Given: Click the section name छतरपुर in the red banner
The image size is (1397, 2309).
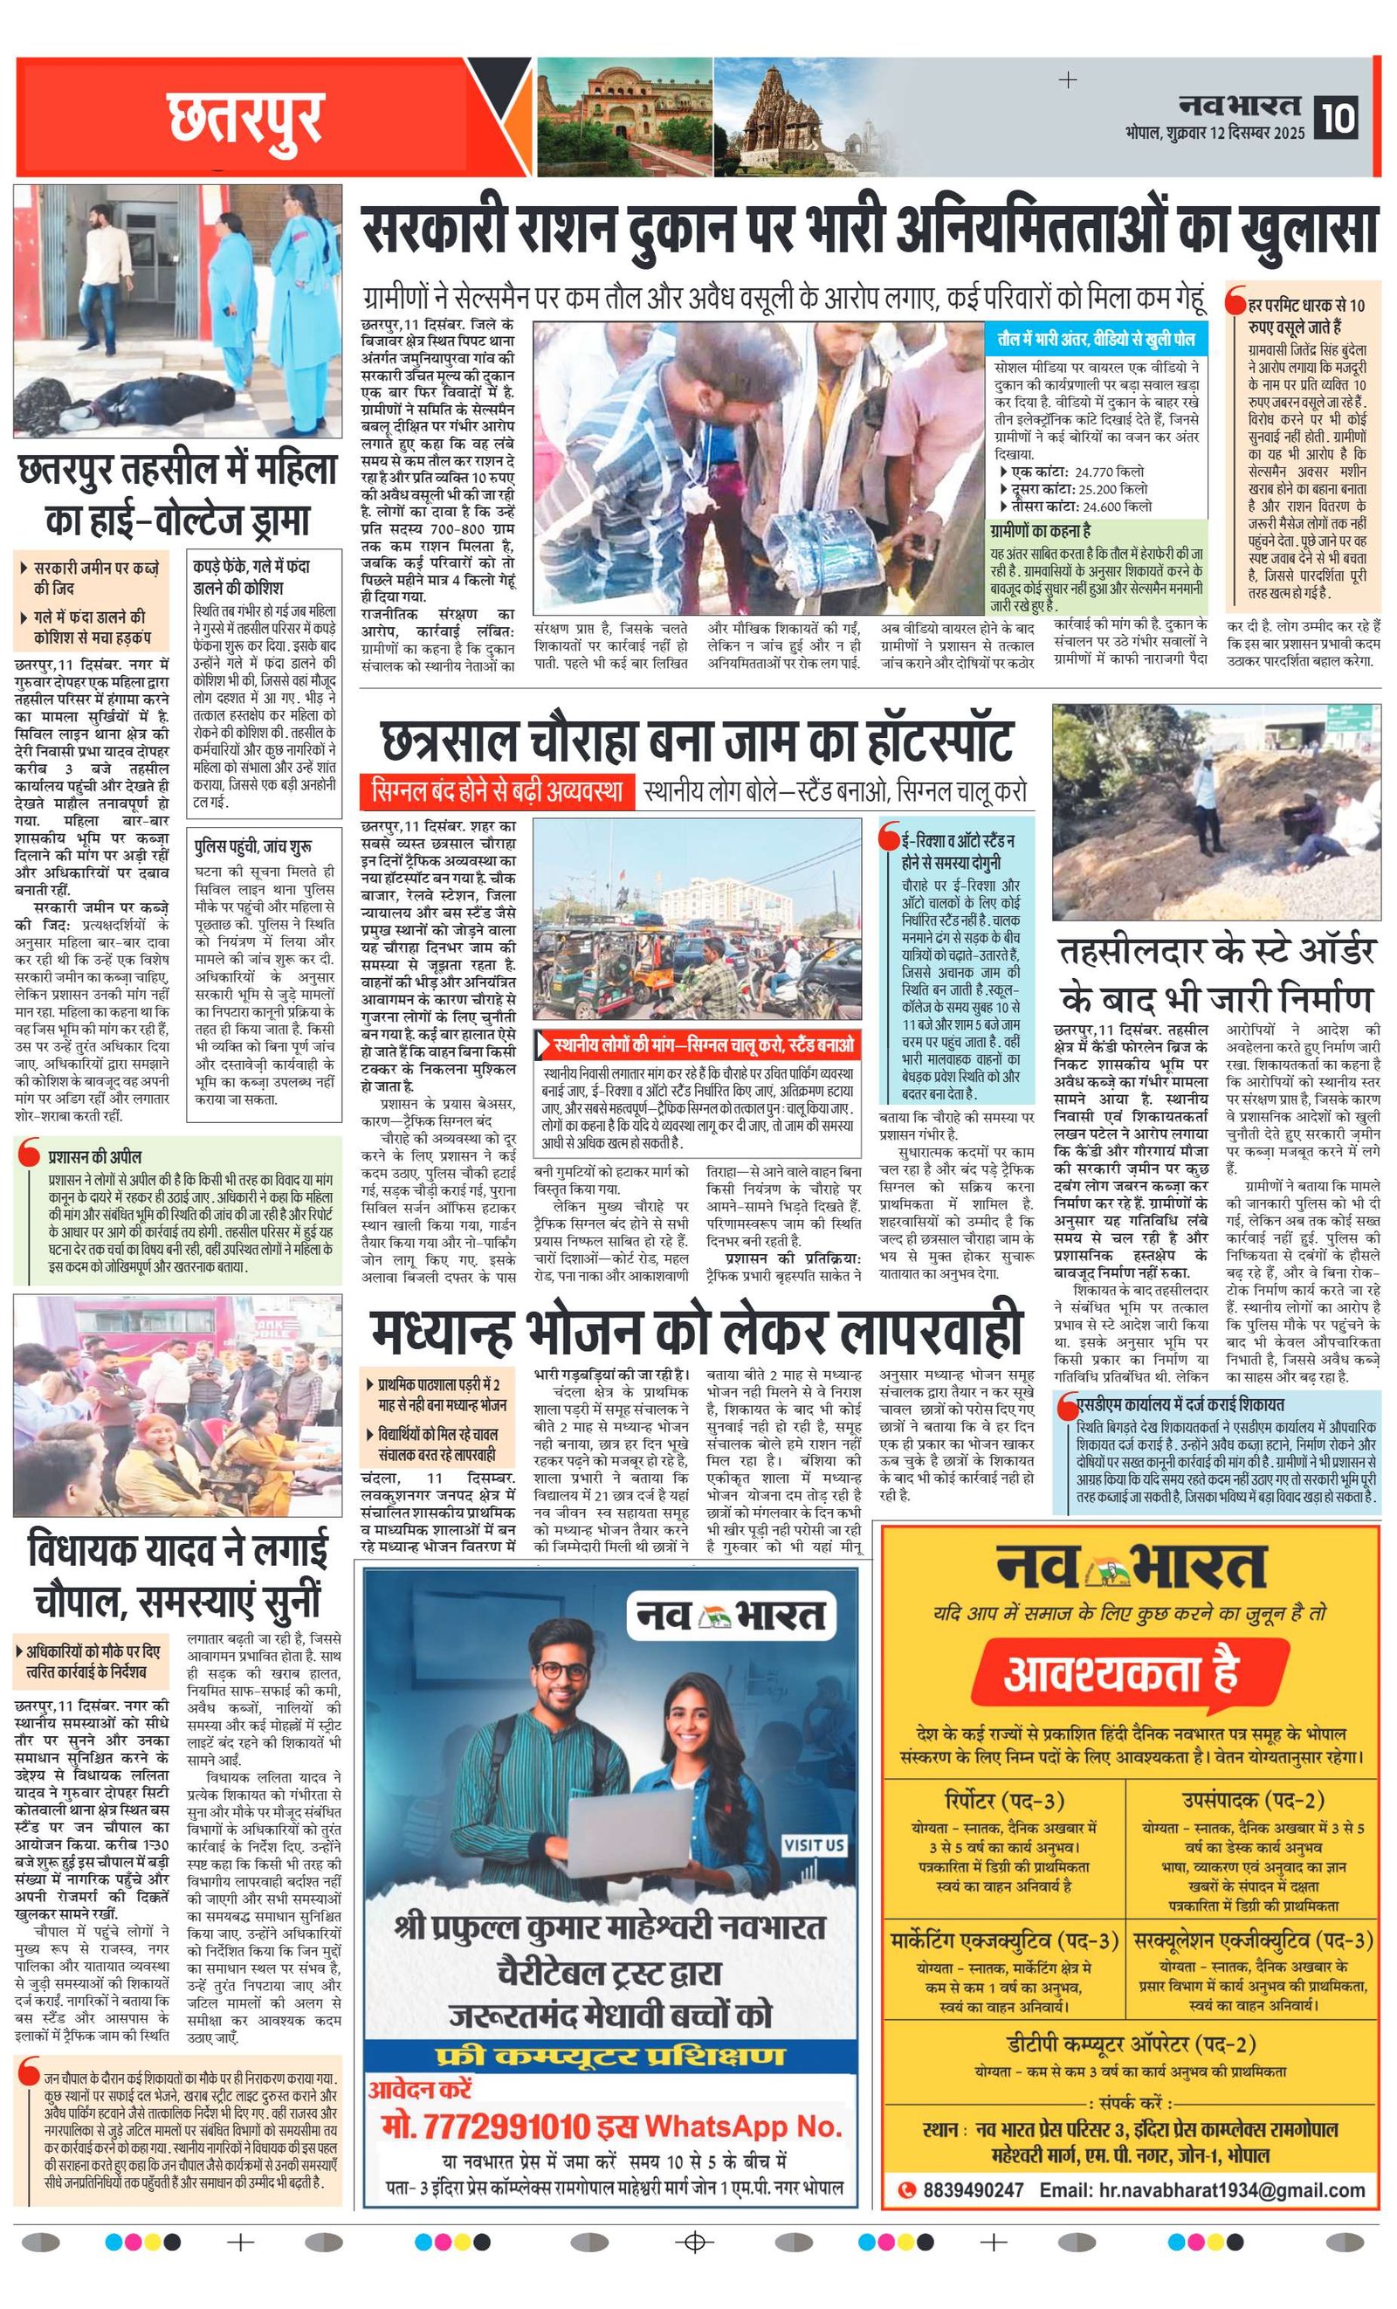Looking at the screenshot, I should point(245,119).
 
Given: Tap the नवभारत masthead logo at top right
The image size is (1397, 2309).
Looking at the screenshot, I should point(1240,104).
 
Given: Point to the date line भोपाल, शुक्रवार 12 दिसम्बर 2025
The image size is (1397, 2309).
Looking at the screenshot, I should point(1215,133).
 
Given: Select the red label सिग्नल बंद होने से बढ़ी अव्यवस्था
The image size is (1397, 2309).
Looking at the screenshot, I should point(497,791).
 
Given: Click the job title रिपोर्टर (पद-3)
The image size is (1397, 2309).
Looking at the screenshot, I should point(1003,1800).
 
